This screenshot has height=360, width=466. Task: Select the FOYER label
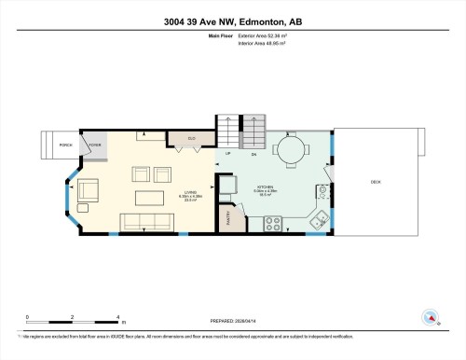pyautogui.click(x=95, y=145)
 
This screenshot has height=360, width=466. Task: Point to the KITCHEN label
pyautogui.click(x=266, y=187)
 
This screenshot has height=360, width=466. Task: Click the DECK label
pyautogui.click(x=376, y=181)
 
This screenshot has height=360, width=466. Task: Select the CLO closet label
pyautogui.click(x=191, y=140)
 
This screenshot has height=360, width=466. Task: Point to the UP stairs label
pyautogui.click(x=226, y=153)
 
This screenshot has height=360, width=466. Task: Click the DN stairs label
pyautogui.click(x=254, y=153)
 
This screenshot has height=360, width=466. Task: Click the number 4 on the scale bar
pyautogui.click(x=117, y=317)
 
